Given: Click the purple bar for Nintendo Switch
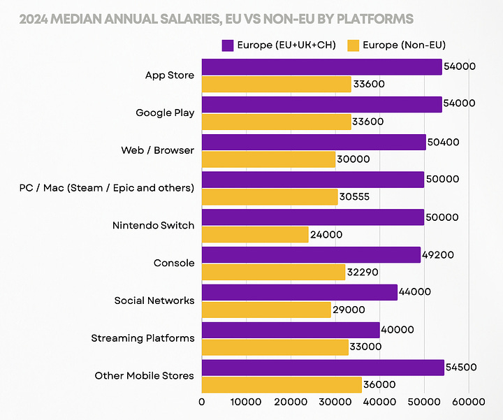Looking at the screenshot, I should click(x=313, y=217).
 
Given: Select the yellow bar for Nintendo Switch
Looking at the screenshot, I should click(x=256, y=235).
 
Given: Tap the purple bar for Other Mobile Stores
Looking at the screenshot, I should click(x=323, y=368).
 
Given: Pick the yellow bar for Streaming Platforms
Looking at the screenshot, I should click(x=275, y=347).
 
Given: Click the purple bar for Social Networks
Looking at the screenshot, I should click(x=300, y=293).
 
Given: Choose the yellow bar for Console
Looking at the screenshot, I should click(x=274, y=273).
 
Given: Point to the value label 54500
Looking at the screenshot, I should click(x=462, y=368).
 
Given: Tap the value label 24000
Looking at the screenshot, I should click(x=326, y=235).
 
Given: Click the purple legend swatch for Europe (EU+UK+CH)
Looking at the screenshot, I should click(x=227, y=45).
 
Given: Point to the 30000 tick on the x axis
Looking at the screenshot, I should click(x=335, y=403).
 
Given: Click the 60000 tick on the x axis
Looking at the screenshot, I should click(x=468, y=403).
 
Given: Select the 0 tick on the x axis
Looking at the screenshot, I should click(x=202, y=403).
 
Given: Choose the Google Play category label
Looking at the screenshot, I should click(x=165, y=113).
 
